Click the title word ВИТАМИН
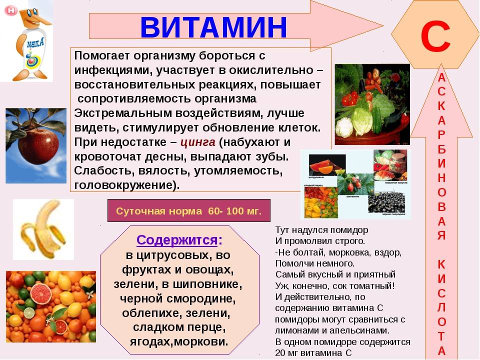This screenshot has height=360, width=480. point(213,27)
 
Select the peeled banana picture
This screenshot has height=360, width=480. point(43,229)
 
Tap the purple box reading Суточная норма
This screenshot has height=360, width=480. point(188,210)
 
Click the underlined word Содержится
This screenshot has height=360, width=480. point(176,239)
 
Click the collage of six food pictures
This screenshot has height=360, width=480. point(355,183)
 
